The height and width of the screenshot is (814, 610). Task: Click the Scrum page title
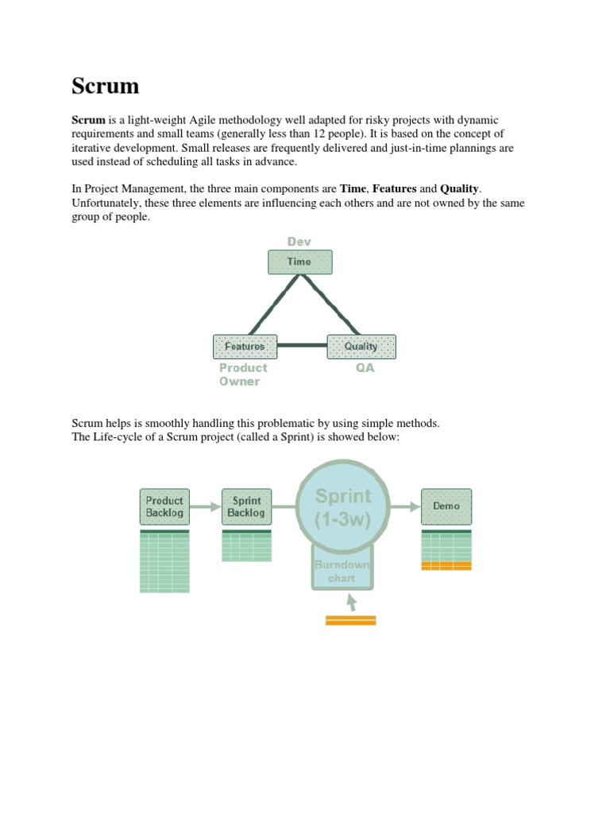pos(105,86)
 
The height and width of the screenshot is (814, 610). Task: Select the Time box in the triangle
pos(299,262)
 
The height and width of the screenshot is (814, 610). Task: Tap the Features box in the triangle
pos(245,347)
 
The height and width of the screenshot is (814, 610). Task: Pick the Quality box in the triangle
pos(361,347)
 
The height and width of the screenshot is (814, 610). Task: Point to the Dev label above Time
pos(299,242)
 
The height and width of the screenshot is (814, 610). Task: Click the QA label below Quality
pos(365,368)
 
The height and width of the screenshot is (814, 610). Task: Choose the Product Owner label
pos(243,374)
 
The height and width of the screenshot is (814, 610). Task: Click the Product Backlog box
pos(164,506)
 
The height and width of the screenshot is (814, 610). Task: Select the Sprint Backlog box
pos(246,506)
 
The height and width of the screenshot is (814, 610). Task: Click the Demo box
pos(446,506)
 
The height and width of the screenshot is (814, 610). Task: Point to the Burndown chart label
pos(342,571)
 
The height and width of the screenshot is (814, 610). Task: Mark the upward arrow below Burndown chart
pos(350,602)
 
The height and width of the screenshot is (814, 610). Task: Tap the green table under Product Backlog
pos(164,561)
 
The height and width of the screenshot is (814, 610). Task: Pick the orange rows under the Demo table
pos(446,565)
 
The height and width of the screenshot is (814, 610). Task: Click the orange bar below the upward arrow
pos(350,620)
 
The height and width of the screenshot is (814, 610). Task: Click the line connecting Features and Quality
pos(302,346)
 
